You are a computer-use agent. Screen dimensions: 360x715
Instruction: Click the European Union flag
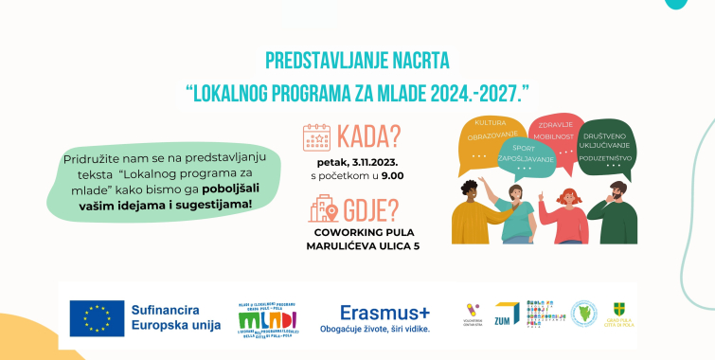pyautogui.click(x=97, y=318)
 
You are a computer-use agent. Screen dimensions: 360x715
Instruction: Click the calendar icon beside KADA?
pyautogui.click(x=317, y=138)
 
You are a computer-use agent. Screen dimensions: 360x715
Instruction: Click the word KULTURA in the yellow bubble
pyautogui.click(x=490, y=124)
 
